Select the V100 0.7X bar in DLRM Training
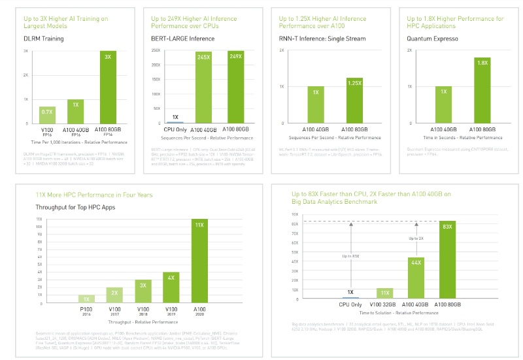(x=47, y=114)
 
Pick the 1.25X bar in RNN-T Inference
(x=354, y=101)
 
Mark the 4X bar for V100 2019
(x=171, y=287)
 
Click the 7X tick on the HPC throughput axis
(x=39, y=249)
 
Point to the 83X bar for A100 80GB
(x=447, y=261)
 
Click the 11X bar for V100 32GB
(x=384, y=293)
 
